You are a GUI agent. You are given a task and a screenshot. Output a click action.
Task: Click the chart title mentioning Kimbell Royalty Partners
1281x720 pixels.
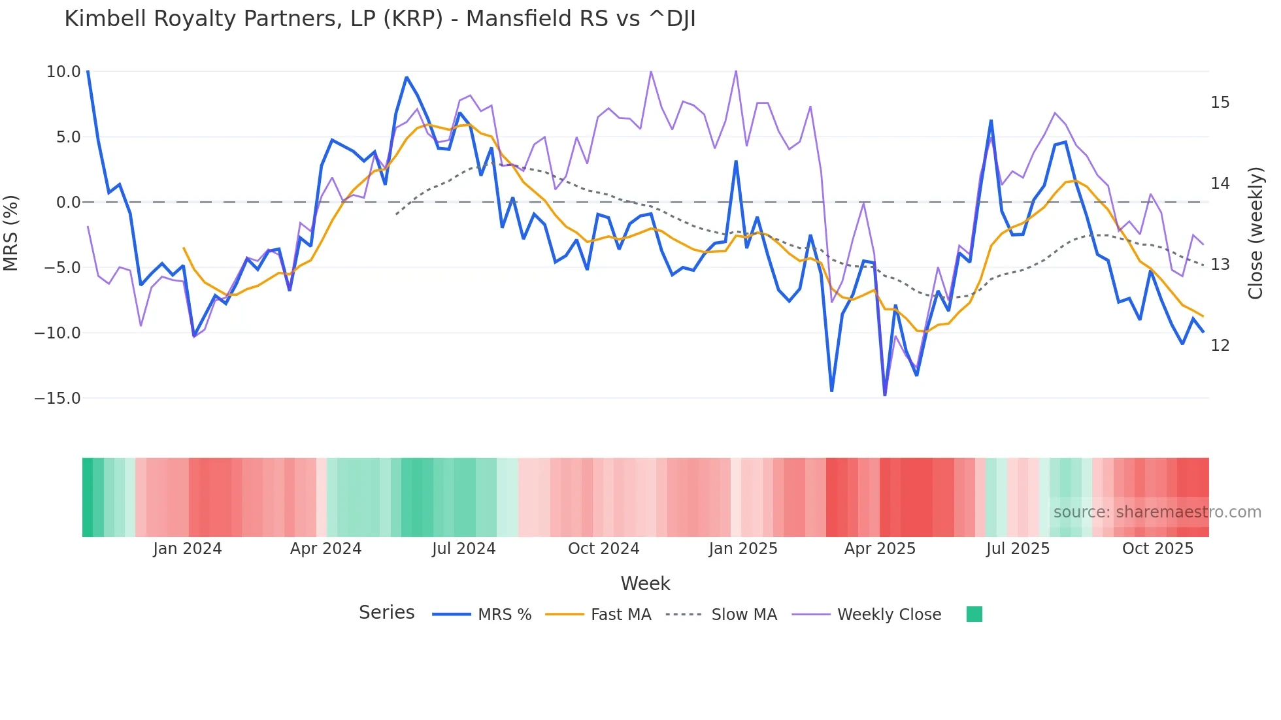[380, 19]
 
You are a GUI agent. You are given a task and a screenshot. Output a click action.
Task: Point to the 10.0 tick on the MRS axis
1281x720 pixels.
[63, 72]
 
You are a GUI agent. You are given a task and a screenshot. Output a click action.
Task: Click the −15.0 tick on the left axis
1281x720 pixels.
[58, 399]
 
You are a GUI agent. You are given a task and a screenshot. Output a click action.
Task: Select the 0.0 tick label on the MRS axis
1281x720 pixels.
[68, 203]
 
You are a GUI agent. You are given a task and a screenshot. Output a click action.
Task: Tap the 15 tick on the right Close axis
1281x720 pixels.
[1220, 103]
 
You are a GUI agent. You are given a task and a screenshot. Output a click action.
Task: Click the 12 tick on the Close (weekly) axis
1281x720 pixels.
[1220, 346]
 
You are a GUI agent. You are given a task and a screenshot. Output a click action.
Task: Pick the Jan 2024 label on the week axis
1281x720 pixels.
[188, 549]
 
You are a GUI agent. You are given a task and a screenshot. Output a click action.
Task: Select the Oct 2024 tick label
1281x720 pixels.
[603, 549]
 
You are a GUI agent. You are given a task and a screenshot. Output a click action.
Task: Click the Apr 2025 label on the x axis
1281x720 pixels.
[880, 549]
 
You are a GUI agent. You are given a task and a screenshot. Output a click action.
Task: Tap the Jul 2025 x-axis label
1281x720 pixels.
[1018, 549]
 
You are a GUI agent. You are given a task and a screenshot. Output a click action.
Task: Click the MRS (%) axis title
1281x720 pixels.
[11, 233]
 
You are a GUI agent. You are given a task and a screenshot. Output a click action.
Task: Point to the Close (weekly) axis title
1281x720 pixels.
[1256, 233]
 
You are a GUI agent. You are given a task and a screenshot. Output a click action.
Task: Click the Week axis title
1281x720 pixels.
[645, 583]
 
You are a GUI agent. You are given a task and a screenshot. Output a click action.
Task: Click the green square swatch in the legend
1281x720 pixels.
[974, 614]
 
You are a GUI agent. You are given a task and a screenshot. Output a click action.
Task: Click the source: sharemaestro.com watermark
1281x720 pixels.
[1157, 512]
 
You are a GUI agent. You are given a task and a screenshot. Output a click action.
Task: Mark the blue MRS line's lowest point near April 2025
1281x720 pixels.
[885, 395]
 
